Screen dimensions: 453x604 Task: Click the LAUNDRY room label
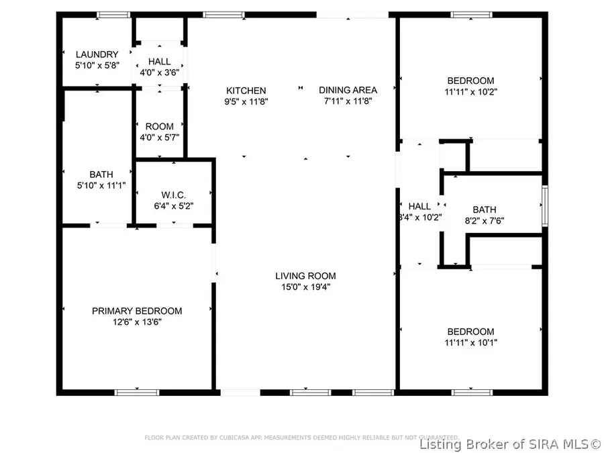pos(97,54)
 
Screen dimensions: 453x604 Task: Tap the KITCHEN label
pos(246,90)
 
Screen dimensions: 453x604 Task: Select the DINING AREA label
pos(348,90)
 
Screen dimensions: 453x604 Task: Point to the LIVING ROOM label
pos(305,276)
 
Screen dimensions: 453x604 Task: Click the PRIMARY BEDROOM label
pos(137,311)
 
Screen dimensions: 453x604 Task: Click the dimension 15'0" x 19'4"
pos(305,287)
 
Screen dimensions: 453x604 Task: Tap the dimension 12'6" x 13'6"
pos(137,321)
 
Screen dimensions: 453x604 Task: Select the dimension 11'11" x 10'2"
pos(470,91)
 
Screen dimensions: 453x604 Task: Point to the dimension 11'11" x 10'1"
pos(470,342)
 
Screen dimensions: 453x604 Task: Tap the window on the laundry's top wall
pos(113,15)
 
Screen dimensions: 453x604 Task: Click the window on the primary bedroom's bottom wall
pos(137,392)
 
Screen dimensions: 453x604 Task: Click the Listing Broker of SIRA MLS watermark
pos(511,444)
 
